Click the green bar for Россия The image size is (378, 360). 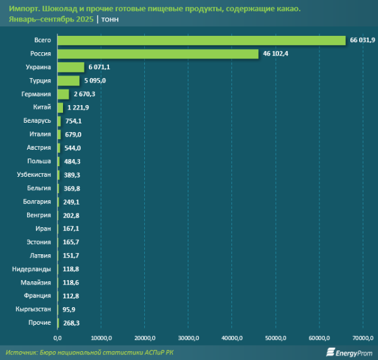tap(157, 54)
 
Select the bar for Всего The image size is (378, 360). tap(202, 40)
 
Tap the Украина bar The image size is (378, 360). tap(71, 67)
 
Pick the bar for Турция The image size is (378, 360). tap(68, 81)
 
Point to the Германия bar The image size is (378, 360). tap(63, 94)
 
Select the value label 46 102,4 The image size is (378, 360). tap(275, 54)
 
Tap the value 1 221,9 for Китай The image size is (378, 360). tap(79, 108)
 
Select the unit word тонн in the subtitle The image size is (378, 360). tap(111, 20)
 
